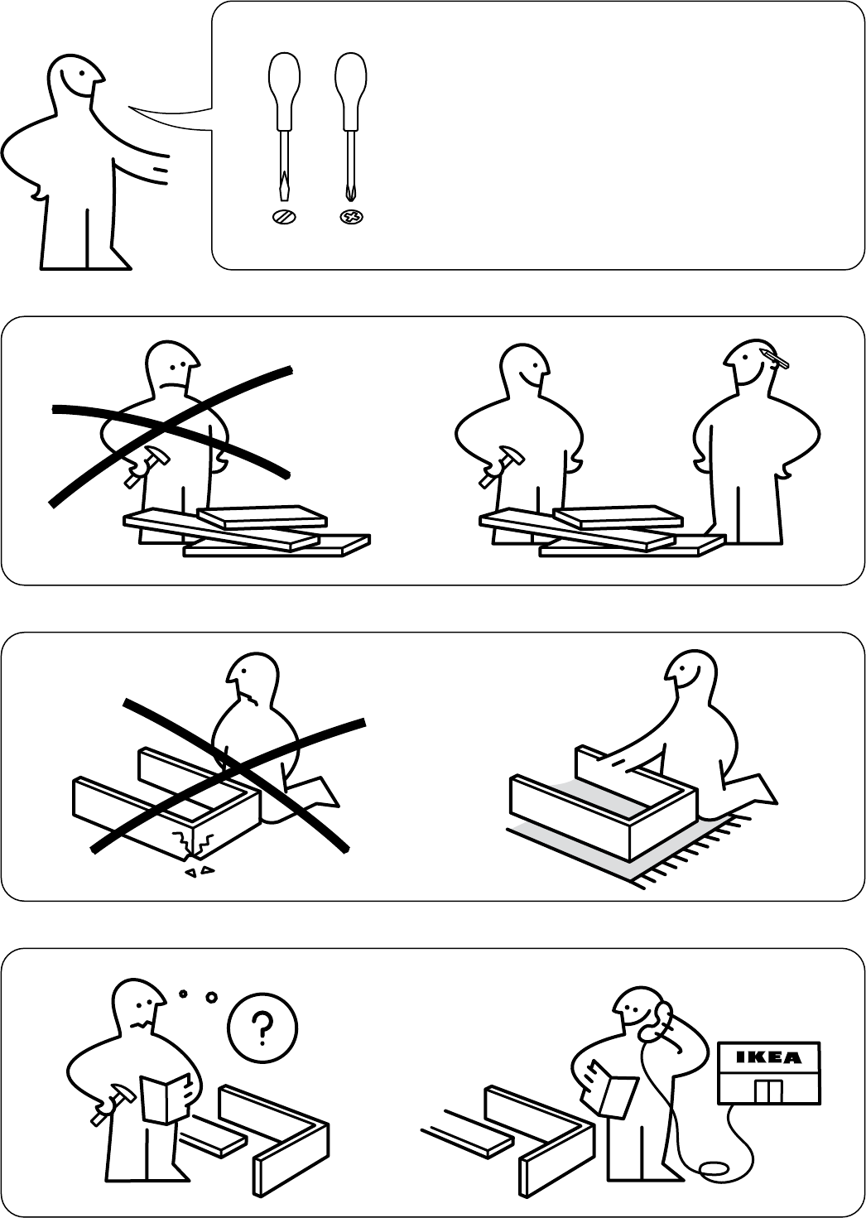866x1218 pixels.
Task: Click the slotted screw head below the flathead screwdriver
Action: point(284,218)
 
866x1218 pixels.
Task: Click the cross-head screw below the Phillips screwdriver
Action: point(352,218)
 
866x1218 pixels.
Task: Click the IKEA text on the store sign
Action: point(768,1057)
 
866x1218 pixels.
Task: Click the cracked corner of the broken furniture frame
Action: point(190,845)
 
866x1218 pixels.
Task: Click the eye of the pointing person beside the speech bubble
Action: point(80,72)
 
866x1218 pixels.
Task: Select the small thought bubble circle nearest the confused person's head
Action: point(183,994)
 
